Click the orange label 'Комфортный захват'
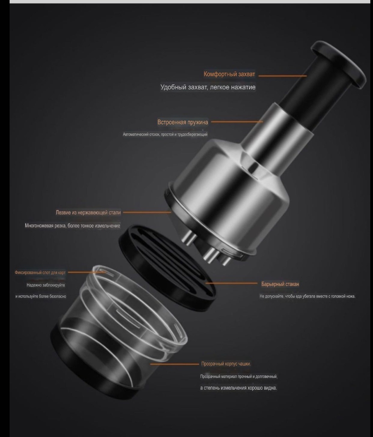pos(229,74)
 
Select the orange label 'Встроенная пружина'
pos(183,122)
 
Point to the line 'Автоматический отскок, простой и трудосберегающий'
pos(165,134)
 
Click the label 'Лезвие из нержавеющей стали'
pos(88,212)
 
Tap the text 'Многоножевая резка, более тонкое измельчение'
pos(73,225)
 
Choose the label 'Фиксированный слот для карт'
pos(40,272)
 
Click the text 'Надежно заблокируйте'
pos(46,285)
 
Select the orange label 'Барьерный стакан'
pos(280,284)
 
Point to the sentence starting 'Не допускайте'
pos(307,296)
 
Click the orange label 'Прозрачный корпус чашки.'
pos(226,364)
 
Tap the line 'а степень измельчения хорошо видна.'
pos(238,388)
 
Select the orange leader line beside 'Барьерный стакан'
pos(231,283)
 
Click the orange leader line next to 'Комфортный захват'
pos(283,76)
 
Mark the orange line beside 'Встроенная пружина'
pos(237,122)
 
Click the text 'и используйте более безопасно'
pos(41,296)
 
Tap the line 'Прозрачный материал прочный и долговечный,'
pos(239,376)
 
